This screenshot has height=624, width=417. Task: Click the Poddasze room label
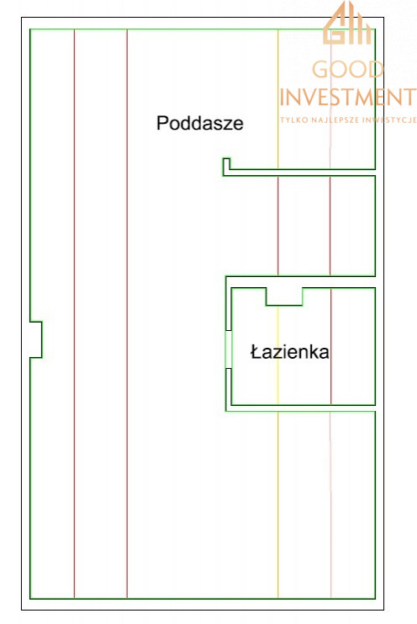[x=200, y=123]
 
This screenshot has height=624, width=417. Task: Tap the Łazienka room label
[x=289, y=352]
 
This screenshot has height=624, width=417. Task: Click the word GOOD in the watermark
[x=347, y=70]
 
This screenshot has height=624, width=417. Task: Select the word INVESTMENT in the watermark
[x=348, y=97]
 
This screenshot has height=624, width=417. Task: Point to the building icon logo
[x=347, y=23]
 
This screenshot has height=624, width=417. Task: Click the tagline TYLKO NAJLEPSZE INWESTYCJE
[x=348, y=120]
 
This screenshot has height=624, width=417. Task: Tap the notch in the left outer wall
[x=36, y=339]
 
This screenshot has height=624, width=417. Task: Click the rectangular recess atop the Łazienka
[x=284, y=296]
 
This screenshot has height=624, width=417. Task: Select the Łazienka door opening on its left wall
[x=228, y=349]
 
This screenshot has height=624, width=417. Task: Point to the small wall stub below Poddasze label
[x=226, y=167]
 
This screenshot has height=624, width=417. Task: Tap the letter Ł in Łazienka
[x=256, y=352]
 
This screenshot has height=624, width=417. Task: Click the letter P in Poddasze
[x=162, y=123]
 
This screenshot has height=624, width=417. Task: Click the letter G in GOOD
[x=320, y=70]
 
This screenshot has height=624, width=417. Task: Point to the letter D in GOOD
[x=375, y=70]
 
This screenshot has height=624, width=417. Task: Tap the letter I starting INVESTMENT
[x=282, y=97]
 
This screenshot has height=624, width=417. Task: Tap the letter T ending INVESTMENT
[x=409, y=97]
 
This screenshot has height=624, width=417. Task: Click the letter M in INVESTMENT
[x=364, y=97]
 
